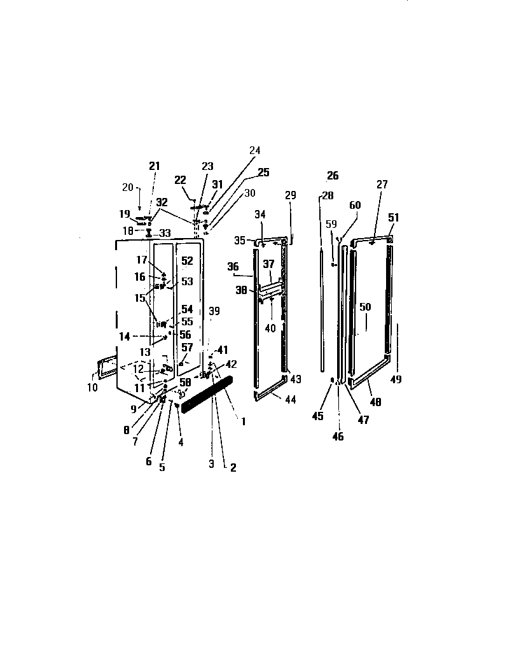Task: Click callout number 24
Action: (254, 151)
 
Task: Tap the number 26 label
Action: (333, 176)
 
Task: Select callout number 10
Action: (93, 387)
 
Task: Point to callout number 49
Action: (396, 379)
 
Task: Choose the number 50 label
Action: (364, 307)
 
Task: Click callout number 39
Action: (214, 311)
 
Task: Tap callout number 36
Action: (232, 267)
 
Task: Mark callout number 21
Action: (154, 165)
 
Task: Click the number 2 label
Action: (233, 467)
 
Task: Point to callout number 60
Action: (355, 205)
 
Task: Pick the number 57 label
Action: (187, 348)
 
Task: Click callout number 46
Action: (338, 437)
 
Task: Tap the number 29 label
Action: (290, 195)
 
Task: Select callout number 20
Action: (128, 187)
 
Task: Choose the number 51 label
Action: (394, 217)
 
